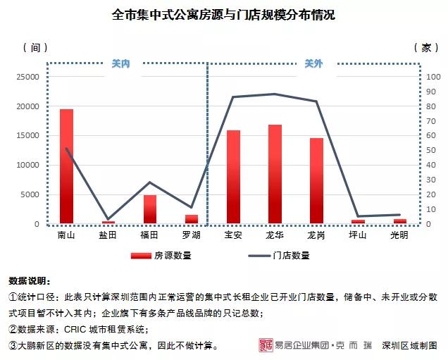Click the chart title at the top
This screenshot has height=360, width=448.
tap(223, 15)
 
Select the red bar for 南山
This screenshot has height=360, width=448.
tap(66, 166)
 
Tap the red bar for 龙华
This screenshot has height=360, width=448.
tap(275, 174)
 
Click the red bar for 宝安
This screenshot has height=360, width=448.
tap(233, 177)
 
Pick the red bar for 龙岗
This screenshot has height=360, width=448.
tap(316, 180)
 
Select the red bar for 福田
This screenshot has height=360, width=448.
tap(149, 209)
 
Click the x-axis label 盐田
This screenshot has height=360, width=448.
tap(108, 235)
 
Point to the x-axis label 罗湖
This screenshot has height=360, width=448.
tap(191, 235)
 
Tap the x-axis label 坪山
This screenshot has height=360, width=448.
tap(358, 235)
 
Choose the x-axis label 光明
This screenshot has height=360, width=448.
tap(399, 235)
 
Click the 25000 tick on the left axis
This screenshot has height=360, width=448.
tap(28, 77)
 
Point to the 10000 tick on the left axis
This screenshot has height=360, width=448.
tap(28, 166)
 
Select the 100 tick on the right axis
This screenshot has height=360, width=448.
tap(433, 77)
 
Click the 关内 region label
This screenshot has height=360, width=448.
tap(121, 63)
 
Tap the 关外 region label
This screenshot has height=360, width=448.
tap(313, 63)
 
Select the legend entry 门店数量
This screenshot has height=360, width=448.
tap(291, 256)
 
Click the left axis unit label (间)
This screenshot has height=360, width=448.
tap(35, 47)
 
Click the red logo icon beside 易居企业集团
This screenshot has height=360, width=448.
tap(266, 345)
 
